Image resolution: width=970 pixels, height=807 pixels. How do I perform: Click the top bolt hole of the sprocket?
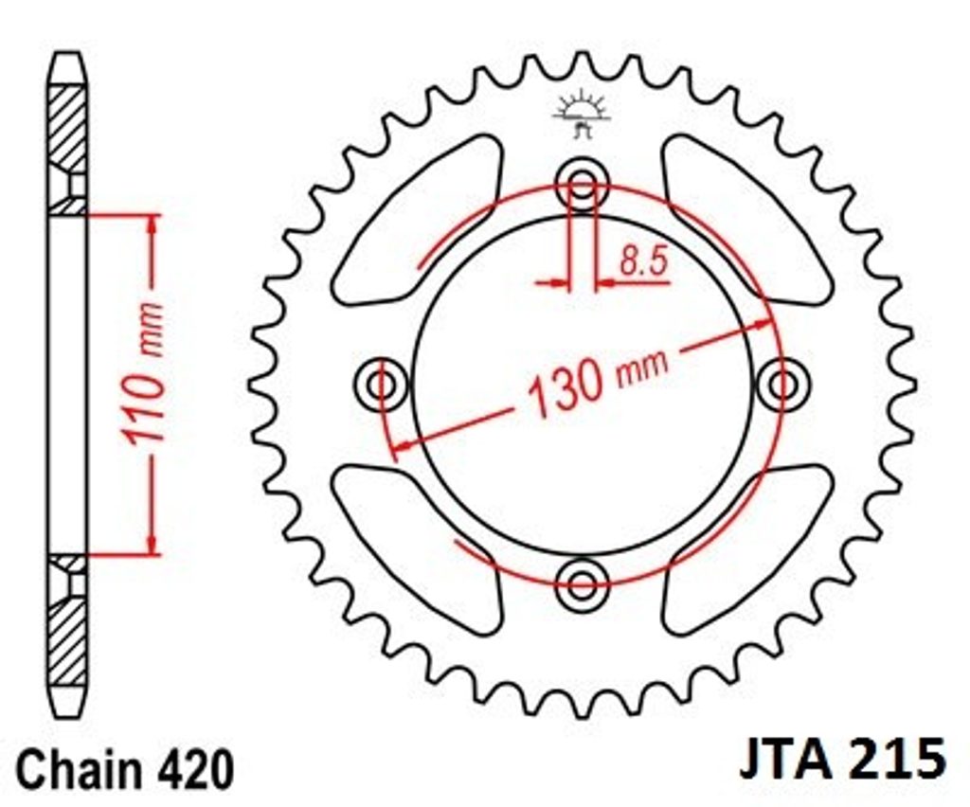pyautogui.click(x=583, y=184)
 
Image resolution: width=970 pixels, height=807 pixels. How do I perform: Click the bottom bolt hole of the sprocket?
pyautogui.click(x=583, y=583)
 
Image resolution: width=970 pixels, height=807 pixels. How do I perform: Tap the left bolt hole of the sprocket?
pyautogui.click(x=382, y=385)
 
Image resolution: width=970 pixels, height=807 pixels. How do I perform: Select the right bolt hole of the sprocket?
pyautogui.click(x=782, y=385)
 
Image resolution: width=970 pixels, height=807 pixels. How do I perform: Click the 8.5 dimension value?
pyautogui.click(x=644, y=261)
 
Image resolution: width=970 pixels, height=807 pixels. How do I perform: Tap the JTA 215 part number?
pyautogui.click(x=842, y=759)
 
